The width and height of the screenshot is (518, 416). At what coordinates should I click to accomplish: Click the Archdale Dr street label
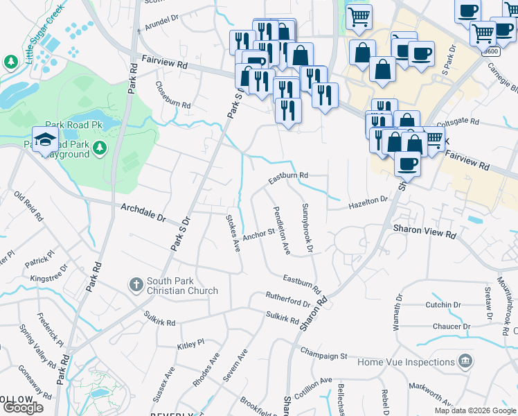coord(144,212)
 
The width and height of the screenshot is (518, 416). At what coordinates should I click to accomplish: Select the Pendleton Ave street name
coord(281,230)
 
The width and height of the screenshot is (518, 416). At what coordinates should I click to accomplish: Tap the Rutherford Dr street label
coord(287,300)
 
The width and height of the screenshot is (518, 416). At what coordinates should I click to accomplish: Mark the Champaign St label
coord(323,355)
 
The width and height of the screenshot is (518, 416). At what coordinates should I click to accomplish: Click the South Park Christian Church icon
coord(136,284)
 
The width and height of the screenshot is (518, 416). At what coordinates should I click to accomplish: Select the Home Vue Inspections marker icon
coord(465,361)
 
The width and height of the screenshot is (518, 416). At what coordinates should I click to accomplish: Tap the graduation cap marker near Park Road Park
coord(46,139)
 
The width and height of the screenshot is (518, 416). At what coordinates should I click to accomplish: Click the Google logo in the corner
coord(23,408)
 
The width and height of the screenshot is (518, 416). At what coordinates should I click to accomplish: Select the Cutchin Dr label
coord(443,304)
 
